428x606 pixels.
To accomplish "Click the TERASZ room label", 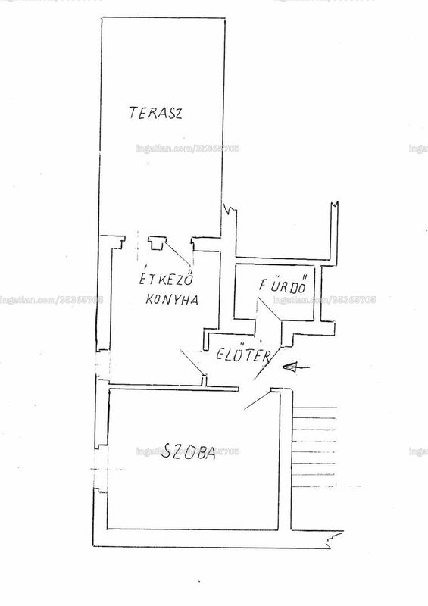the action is (x=155, y=113).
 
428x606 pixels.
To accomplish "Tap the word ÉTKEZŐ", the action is (x=166, y=279).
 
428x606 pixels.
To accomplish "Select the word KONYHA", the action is (x=172, y=299).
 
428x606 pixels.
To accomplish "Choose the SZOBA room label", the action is (x=188, y=451).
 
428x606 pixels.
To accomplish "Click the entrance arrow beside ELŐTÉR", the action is (x=295, y=367).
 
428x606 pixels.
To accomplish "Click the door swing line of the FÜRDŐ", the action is (x=270, y=308).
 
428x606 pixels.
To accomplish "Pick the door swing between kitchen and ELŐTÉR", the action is (x=192, y=362).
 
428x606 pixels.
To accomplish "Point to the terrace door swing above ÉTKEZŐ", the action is (x=177, y=254).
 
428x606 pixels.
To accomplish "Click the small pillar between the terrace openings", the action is (x=156, y=243).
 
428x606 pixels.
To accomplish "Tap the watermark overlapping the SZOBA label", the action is (x=188, y=451).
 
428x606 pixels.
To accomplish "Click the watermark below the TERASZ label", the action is (x=188, y=148).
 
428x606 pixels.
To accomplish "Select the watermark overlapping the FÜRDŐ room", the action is (x=324, y=300).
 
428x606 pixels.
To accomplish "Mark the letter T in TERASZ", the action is (x=133, y=112).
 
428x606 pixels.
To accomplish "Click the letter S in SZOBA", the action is (x=166, y=451).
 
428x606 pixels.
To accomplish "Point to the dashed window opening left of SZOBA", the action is (x=102, y=469).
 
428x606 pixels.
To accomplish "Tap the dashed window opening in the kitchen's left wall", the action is (x=103, y=364).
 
